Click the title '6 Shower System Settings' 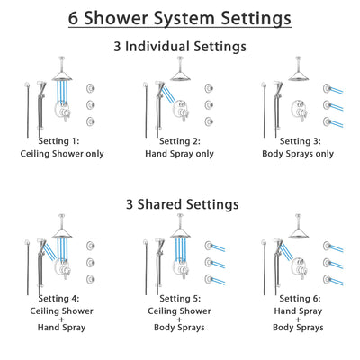(180, 17)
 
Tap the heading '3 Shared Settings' (180, 205)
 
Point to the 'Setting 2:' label (181, 140)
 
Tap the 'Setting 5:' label (181, 297)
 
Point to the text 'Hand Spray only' (181, 154)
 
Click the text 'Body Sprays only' (298, 154)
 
